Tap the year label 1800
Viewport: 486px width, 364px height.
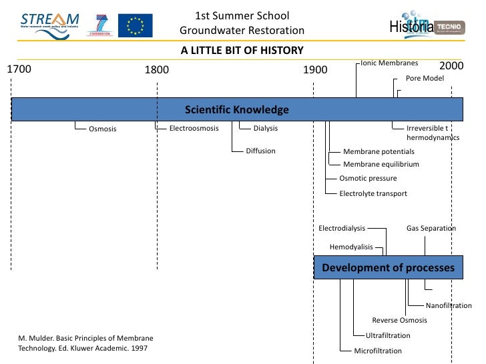coord(157,69)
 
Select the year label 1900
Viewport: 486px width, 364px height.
coord(315,69)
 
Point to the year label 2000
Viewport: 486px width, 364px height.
coord(451,66)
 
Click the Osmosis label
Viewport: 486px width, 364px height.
coord(103,129)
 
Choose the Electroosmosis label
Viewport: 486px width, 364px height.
coord(194,128)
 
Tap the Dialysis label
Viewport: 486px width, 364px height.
coord(266,128)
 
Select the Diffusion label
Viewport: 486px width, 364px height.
coord(260,151)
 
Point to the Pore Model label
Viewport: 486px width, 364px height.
coord(425,78)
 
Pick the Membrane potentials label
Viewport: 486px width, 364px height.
coord(379,151)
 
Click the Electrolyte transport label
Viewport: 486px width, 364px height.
coord(373,193)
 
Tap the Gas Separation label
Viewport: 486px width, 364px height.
coord(431,228)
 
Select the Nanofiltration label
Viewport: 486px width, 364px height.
coord(453,305)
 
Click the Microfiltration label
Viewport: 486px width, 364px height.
coord(378,351)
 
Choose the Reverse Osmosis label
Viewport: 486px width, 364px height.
coord(399,320)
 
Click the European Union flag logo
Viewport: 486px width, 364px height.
coord(136,25)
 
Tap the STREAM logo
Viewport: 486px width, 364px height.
coord(49,21)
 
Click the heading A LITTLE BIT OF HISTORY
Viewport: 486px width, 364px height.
coord(242,50)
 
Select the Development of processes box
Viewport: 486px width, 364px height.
coord(388,268)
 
